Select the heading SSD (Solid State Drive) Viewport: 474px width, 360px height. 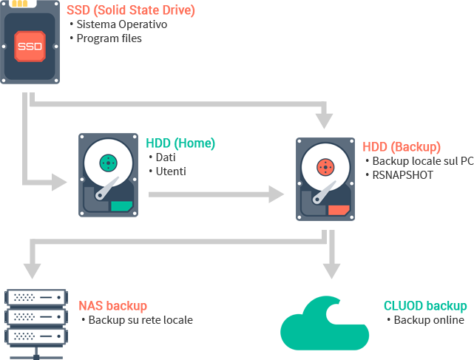(x=130, y=11)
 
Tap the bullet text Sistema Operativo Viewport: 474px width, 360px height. (x=121, y=24)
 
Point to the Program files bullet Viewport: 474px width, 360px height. (x=109, y=38)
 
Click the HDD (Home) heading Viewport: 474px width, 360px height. (x=180, y=143)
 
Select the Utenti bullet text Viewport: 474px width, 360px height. (x=170, y=171)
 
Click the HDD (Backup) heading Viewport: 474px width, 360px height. (x=402, y=147)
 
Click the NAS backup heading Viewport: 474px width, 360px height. (x=113, y=306)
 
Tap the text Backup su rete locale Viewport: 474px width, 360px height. (x=140, y=320)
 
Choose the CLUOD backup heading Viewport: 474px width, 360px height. (x=425, y=306)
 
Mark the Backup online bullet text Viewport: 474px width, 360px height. (x=428, y=320)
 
